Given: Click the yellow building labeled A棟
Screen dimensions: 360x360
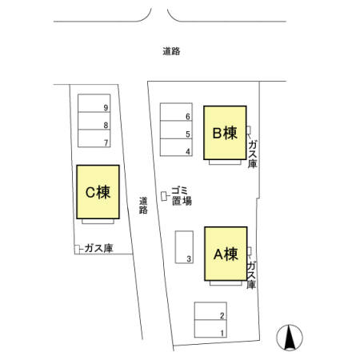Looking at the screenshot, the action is [x=226, y=254].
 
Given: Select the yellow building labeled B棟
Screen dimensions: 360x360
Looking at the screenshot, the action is [x=225, y=133].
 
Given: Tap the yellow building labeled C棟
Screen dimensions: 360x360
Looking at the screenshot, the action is [x=98, y=192].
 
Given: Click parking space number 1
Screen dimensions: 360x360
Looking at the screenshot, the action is [x=210, y=329].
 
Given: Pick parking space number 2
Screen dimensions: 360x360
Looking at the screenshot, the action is [x=210, y=311].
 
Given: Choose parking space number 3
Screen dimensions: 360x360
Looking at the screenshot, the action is [x=184, y=247].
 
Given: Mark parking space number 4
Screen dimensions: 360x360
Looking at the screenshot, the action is [x=176, y=147].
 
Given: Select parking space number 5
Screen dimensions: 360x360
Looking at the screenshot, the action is [x=176, y=130].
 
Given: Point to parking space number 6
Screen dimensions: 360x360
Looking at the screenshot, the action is [x=176, y=112].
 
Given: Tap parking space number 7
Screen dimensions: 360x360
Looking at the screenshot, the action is [x=94, y=138].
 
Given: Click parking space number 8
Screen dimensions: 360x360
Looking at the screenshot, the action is [x=94, y=121].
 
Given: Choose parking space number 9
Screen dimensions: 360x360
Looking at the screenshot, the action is [x=94, y=103].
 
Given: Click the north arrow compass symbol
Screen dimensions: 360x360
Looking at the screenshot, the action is [x=290, y=338].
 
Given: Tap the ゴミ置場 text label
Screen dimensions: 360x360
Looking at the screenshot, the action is [x=182, y=196].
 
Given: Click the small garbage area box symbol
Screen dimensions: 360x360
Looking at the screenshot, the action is [x=164, y=196].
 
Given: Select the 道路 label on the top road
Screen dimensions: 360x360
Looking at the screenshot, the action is [x=171, y=51].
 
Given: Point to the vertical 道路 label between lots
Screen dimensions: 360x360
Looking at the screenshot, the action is [x=143, y=206].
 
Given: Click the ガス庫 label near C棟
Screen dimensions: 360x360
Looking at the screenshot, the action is [x=99, y=248].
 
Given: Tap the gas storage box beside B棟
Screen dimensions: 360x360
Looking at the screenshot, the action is [x=248, y=130].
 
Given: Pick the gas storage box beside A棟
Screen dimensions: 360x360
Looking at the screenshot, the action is [x=250, y=251].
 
